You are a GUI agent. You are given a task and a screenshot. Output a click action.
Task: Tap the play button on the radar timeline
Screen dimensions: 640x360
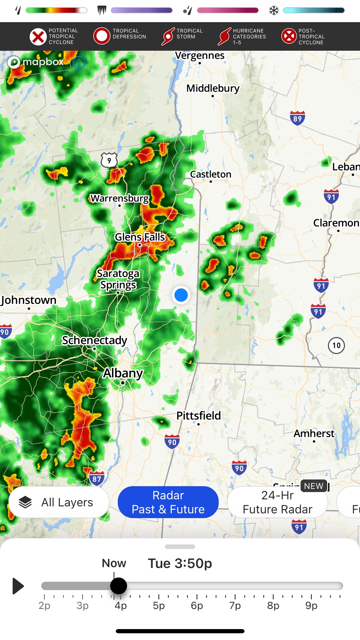tap(18, 586)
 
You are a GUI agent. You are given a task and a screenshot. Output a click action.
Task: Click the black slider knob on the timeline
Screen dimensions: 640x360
tap(119, 586)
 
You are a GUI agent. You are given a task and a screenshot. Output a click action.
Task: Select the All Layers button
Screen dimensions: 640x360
tap(59, 502)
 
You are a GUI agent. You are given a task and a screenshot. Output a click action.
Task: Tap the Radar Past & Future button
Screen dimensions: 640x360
tap(168, 502)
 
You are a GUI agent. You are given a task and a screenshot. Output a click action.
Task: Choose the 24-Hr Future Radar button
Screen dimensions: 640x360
tap(277, 502)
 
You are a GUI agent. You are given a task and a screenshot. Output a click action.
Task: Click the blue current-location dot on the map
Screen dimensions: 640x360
tap(181, 295)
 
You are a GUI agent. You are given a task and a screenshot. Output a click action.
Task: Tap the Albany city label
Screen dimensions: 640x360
tap(123, 373)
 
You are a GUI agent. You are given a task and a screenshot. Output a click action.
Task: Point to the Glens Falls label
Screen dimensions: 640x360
tap(140, 237)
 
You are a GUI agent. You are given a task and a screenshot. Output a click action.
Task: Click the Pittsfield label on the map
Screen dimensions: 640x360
tap(199, 416)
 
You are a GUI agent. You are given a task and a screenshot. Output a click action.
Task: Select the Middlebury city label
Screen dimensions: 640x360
tap(213, 88)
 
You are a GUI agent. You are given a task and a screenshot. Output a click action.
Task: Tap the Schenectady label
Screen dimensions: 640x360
tap(94, 340)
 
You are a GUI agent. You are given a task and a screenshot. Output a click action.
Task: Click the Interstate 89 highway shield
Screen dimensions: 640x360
tap(297, 118)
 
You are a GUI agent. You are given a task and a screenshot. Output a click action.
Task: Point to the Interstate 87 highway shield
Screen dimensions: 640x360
tap(97, 479)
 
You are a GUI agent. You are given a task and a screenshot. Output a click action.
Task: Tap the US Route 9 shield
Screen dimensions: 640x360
tap(109, 160)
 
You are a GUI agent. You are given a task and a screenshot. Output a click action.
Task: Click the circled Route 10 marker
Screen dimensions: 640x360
tap(336, 345)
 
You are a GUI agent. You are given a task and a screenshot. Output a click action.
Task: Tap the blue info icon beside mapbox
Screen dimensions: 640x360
tap(79, 62)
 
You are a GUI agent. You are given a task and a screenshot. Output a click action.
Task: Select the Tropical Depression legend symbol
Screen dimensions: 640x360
tap(101, 36)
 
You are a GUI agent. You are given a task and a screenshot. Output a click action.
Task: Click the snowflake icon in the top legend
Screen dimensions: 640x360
tap(274, 11)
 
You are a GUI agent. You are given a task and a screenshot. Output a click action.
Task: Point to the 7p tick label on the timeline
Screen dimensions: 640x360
tap(235, 606)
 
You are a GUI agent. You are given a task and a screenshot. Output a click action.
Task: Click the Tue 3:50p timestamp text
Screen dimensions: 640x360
tap(180, 563)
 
